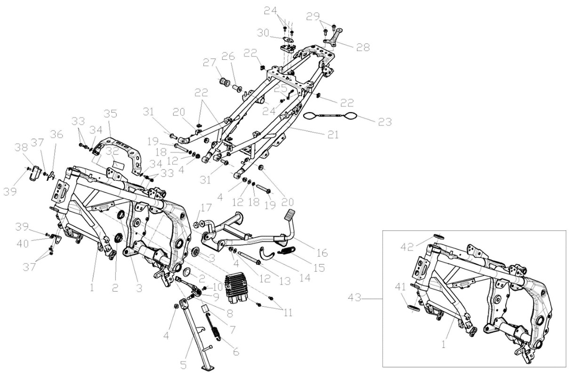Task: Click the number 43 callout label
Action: tap(355, 298)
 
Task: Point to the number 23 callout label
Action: tap(385, 122)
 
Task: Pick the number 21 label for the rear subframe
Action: tap(333, 135)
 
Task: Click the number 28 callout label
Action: tap(363, 47)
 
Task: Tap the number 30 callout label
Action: tap(263, 33)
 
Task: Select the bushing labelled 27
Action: tap(225, 82)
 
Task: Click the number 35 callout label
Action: tap(110, 114)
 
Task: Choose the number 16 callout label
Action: tap(322, 253)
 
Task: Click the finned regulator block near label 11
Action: tap(236, 287)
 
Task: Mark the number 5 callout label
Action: tap(184, 365)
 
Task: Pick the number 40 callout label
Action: tap(23, 244)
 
